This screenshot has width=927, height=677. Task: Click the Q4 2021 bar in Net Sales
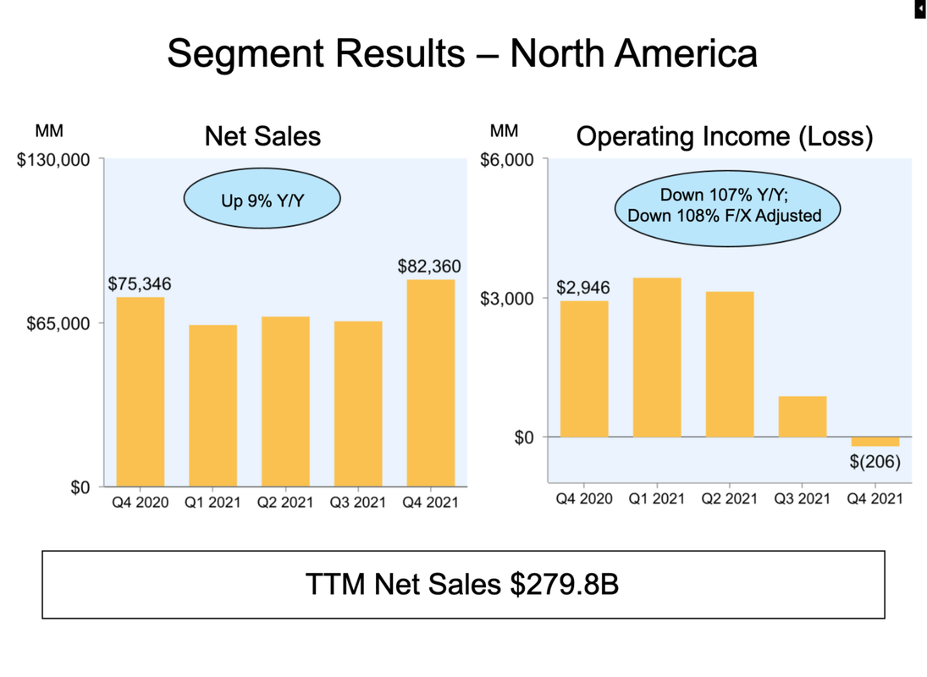point(431,383)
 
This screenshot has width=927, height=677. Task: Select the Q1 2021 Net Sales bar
point(212,405)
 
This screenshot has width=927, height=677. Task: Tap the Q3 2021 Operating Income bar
point(803,416)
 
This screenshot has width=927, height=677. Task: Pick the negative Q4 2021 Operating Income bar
point(875,442)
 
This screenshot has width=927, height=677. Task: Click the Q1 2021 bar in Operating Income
point(657,357)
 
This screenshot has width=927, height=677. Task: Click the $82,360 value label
point(429,267)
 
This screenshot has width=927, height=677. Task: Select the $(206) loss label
point(875,462)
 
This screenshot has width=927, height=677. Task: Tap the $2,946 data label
point(583,289)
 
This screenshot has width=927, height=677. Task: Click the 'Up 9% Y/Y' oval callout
point(262,201)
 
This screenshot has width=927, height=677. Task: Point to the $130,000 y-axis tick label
point(54,160)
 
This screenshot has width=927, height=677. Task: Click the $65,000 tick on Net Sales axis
point(58,323)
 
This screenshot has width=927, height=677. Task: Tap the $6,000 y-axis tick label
point(509,160)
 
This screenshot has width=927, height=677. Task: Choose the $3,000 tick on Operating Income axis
point(509,299)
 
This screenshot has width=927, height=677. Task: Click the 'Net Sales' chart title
point(262,136)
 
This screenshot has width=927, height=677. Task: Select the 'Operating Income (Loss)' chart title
point(725,136)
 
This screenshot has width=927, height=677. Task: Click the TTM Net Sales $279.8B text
point(462,584)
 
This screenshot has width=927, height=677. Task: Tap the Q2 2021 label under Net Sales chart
point(285,503)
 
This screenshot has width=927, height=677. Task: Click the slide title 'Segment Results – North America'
point(462,53)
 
